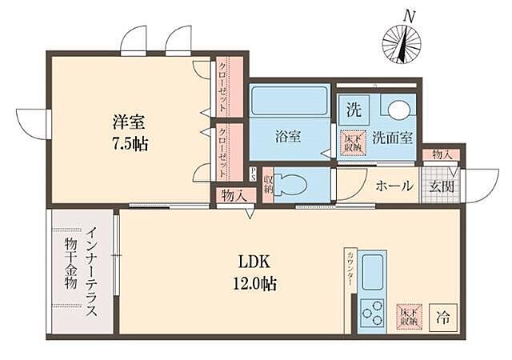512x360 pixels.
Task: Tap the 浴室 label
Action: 288,136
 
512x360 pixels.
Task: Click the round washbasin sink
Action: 400,110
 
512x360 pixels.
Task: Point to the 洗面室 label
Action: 395,137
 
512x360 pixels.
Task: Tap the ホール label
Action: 394,186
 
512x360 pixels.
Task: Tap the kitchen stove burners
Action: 373,310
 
